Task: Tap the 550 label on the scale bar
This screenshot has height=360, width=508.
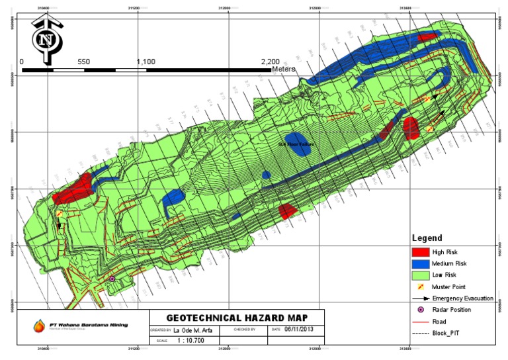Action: [x=83, y=62]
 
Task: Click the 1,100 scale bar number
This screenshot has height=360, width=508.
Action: [x=146, y=62]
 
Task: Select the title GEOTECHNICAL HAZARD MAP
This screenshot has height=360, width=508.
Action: [x=235, y=318]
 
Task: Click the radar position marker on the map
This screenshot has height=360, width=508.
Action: [x=112, y=279]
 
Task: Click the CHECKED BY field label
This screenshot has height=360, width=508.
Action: [x=245, y=328]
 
